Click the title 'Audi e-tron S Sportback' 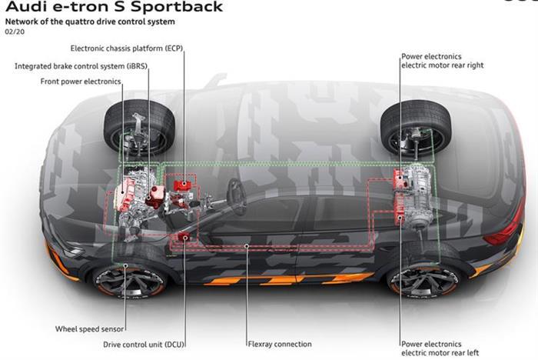click(114, 7)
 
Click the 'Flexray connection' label click(280, 344)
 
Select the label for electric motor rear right click(441, 62)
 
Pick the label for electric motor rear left click(441, 348)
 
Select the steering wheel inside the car click(237, 197)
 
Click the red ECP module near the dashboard click(184, 187)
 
